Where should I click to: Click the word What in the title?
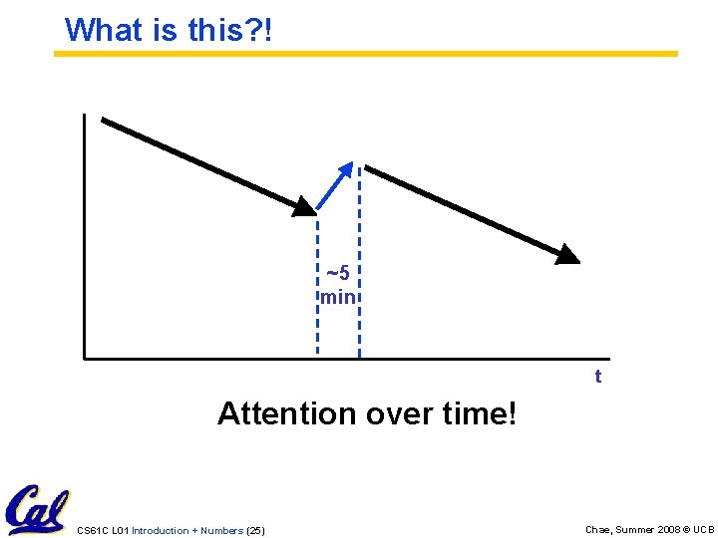105,30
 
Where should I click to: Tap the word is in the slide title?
165,30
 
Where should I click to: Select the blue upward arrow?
335,185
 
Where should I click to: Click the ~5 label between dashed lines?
338,274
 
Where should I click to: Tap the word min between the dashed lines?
338,297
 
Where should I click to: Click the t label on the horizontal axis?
598,377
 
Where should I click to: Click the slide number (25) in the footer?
255,530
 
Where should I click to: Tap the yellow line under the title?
365,54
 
